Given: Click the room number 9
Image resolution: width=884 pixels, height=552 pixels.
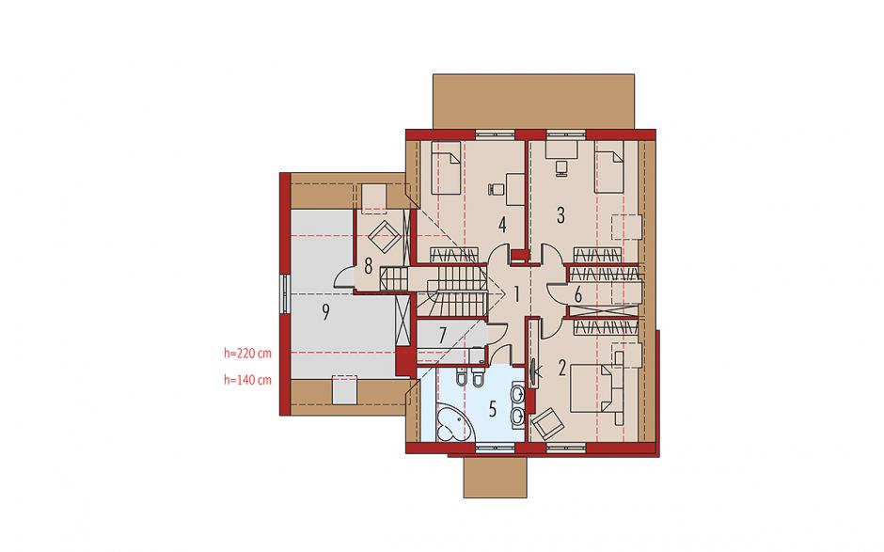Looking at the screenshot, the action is point(325,312).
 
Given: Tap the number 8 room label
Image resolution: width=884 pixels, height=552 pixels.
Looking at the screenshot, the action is point(368,265).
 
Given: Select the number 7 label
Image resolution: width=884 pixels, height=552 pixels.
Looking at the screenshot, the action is point(443,336).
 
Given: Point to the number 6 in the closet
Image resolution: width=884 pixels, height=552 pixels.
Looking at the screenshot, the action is point(577,294).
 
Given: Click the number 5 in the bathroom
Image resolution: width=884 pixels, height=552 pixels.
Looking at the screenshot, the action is point(493,409).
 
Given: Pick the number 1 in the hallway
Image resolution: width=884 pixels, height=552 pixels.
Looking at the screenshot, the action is point(516,293).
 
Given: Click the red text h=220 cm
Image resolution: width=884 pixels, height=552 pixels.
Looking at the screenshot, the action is point(247,354).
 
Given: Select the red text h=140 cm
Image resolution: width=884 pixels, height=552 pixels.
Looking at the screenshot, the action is point(247,380).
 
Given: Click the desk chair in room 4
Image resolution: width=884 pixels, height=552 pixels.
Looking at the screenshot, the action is point(495,189).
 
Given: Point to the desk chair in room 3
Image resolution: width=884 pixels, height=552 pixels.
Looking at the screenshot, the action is point(560,167).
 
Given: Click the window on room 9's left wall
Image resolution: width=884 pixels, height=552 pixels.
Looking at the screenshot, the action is point(285,293).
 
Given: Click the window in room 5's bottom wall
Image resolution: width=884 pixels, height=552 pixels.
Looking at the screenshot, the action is point(495,449).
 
